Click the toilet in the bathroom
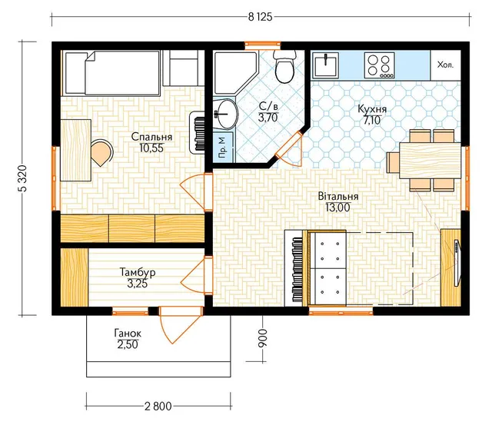click(285, 66)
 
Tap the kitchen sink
click(326, 65)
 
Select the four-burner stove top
click(379, 65)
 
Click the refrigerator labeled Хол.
click(446, 65)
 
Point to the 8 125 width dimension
click(260, 17)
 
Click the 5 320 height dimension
click(24, 178)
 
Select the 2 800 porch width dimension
click(158, 407)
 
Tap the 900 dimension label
click(262, 338)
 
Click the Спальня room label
click(151, 137)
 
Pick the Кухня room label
click(372, 109)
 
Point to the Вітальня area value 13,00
click(337, 208)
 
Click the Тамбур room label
click(138, 272)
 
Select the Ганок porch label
click(128, 333)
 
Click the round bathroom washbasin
click(227, 115)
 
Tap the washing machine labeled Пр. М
click(223, 148)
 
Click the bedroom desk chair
click(101, 152)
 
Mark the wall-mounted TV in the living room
click(457, 263)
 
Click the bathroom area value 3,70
click(268, 118)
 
